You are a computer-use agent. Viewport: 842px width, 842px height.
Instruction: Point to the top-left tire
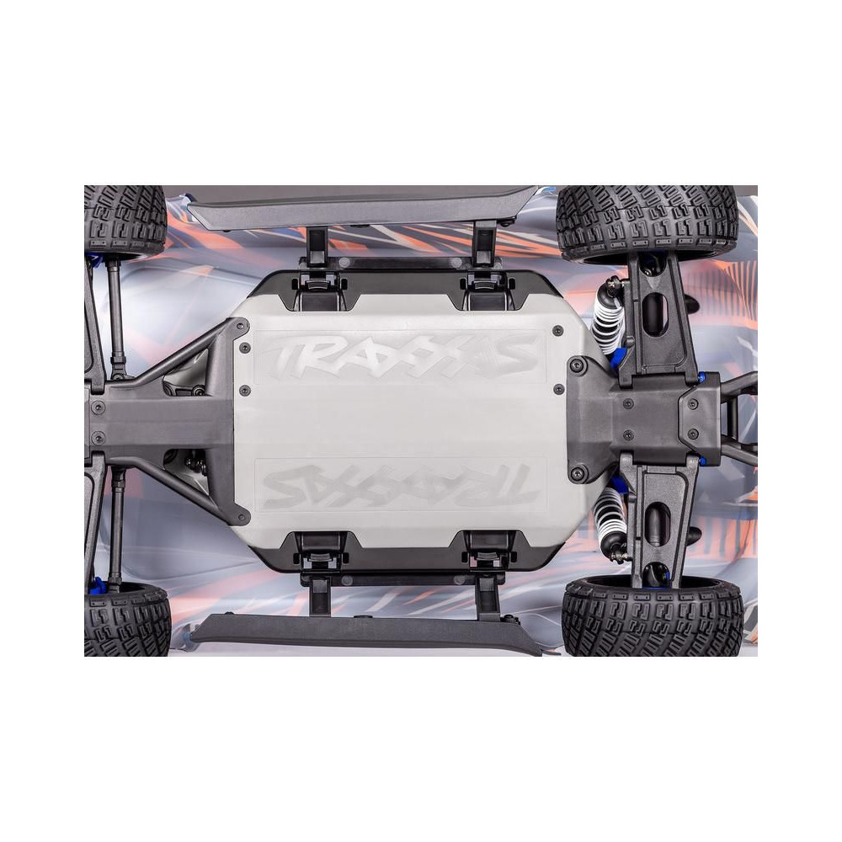point(125,220)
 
